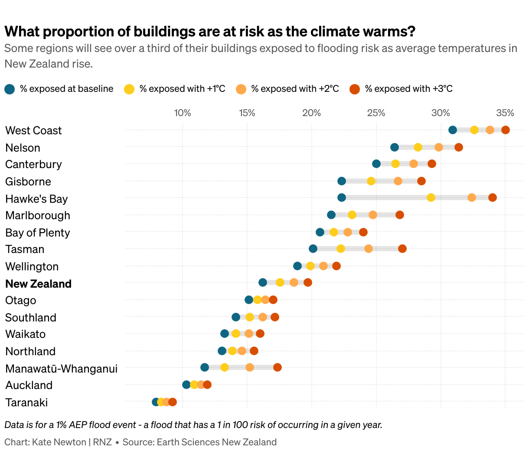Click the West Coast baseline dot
[x=453, y=130]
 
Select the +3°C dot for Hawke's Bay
[x=493, y=198]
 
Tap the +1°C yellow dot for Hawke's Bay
[x=431, y=198]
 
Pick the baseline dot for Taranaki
[x=156, y=402]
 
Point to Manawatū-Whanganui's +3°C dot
[x=278, y=367]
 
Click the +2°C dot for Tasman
[x=369, y=249]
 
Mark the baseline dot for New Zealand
[x=263, y=282]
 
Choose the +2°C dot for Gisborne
[x=398, y=181]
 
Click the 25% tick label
[x=376, y=113]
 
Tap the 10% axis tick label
[x=183, y=113]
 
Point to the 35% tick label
[x=505, y=113]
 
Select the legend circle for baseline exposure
[x=10, y=89]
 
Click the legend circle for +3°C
[x=355, y=89]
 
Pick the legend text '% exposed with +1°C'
[x=182, y=89]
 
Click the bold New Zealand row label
[x=38, y=284]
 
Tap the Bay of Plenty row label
[x=38, y=233]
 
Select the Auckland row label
[x=29, y=385]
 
